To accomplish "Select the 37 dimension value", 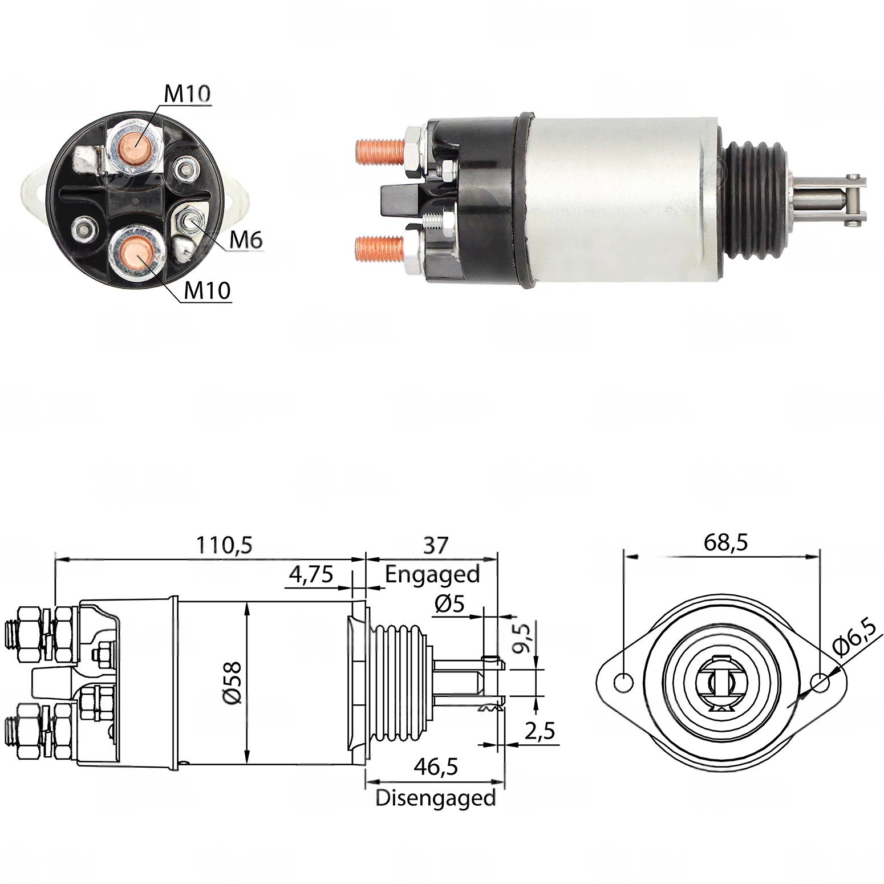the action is point(436,546).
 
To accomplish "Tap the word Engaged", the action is point(432,574).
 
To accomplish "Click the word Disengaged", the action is point(436,797).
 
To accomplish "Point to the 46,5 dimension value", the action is point(436,767).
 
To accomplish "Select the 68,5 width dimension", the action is point(725,542).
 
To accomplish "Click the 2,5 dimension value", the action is point(539,731).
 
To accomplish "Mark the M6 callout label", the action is point(245,241).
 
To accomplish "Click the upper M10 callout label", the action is point(187,94).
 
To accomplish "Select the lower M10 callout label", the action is point(207,291).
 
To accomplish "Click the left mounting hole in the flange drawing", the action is point(625,682).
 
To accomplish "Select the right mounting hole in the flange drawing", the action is point(820,682).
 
